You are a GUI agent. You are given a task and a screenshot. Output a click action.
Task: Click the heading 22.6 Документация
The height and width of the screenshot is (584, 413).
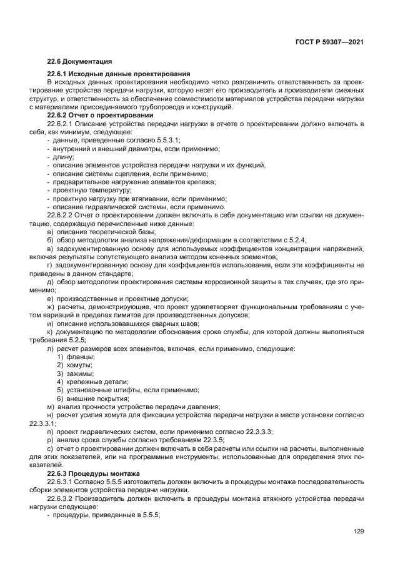pyautogui.click(x=79, y=61)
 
